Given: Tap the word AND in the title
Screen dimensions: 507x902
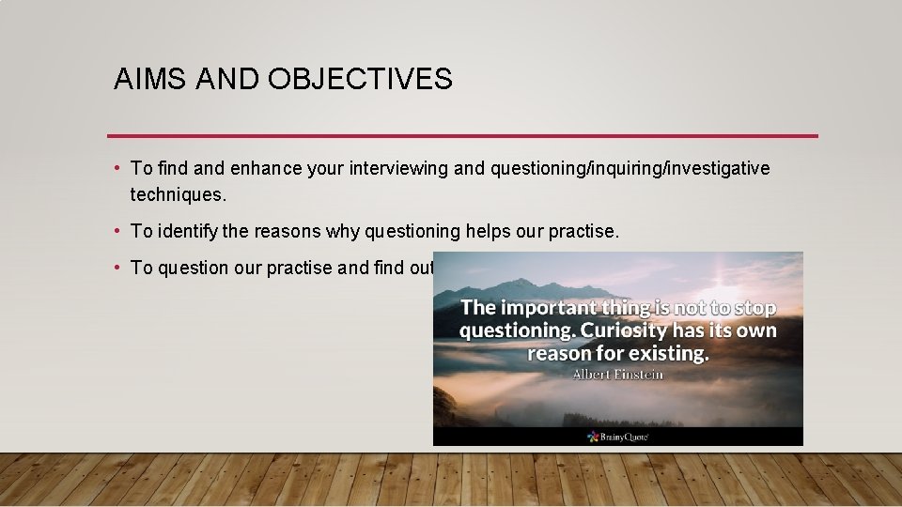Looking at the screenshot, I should pyautogui.click(x=225, y=80).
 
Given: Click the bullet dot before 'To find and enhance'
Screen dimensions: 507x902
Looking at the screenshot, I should pyautogui.click(x=116, y=168).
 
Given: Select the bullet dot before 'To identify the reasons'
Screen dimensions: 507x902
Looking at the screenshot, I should pyautogui.click(x=116, y=231).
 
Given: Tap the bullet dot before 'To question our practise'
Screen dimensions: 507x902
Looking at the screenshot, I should pyautogui.click(x=116, y=268).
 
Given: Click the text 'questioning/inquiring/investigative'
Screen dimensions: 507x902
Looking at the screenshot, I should pyautogui.click(x=630, y=168).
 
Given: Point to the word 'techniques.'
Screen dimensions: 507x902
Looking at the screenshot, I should pyautogui.click(x=179, y=194).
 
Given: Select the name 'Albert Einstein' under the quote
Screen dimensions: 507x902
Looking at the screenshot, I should pyautogui.click(x=618, y=375).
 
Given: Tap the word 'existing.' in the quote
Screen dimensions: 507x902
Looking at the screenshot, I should pyautogui.click(x=669, y=353).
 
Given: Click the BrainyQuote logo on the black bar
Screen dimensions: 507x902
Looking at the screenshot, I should pyautogui.click(x=618, y=437).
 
